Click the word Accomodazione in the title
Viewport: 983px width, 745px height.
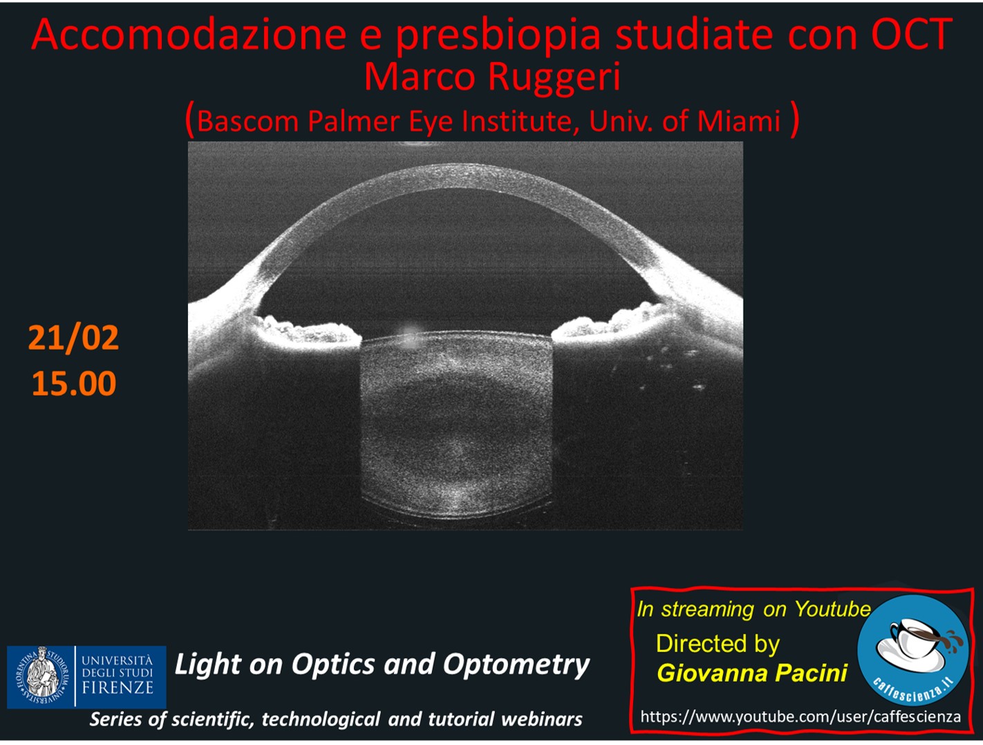click(189, 35)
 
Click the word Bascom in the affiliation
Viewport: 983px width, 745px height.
click(247, 121)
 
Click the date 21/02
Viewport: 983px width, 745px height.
click(73, 338)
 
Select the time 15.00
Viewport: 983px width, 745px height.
click(74, 383)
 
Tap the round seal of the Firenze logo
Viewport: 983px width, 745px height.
click(42, 677)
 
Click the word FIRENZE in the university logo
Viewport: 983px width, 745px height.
click(118, 688)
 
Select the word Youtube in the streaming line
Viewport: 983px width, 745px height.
click(832, 609)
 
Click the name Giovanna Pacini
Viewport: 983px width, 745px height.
click(752, 673)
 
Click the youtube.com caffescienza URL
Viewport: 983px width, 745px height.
click(801, 717)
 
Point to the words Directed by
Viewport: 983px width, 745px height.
click(718, 643)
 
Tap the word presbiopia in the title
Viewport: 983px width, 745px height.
click(498, 36)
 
